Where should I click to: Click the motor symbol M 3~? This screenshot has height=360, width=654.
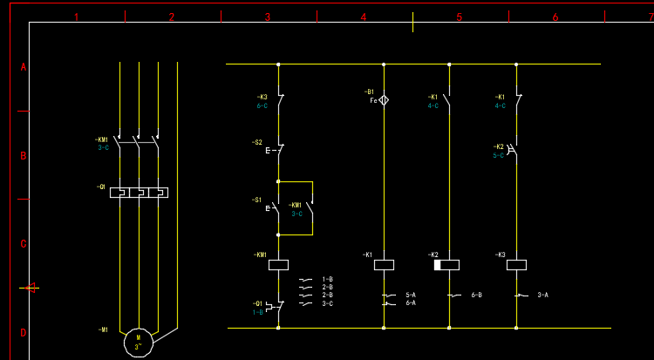click(137, 340)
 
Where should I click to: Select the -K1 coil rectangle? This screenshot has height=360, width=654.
click(384, 264)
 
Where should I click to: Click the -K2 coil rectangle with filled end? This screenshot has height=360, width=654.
click(448, 264)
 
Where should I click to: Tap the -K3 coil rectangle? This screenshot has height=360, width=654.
click(517, 264)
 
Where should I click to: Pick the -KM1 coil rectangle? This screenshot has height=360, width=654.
click(278, 264)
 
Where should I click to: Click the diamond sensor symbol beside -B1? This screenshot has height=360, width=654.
click(384, 100)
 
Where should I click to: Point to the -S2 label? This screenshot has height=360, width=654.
click(257, 142)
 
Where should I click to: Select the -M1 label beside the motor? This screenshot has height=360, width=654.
click(103, 330)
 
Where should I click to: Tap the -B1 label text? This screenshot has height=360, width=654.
click(369, 92)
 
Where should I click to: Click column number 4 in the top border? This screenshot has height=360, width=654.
click(364, 17)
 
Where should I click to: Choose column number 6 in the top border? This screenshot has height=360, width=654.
click(555, 17)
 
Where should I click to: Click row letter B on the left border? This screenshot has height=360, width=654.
click(24, 156)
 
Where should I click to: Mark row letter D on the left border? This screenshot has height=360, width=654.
click(24, 332)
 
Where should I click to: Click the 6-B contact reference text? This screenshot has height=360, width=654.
click(476, 295)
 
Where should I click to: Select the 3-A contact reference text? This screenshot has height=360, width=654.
click(542, 295)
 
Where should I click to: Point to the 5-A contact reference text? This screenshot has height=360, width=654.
click(410, 295)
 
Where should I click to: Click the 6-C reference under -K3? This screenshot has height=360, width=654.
click(262, 105)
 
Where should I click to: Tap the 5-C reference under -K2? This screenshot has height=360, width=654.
click(499, 155)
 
